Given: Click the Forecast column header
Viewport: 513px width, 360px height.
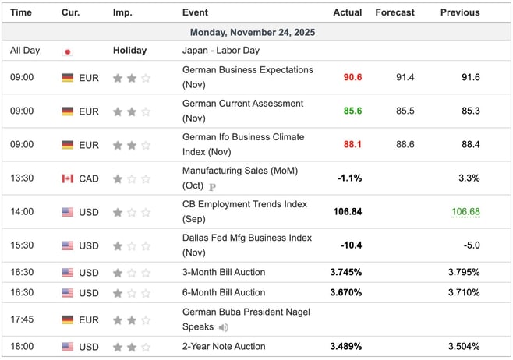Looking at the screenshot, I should pos(394,12).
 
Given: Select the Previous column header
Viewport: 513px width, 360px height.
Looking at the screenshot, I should pos(460,12).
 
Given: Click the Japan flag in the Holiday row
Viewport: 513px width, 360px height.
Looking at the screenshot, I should pos(68,51).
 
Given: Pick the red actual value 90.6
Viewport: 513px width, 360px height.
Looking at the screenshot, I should pos(352,78).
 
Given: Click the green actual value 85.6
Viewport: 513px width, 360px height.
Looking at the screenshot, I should pos(352,111).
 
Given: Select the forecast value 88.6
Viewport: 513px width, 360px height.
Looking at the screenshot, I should pos(405,145).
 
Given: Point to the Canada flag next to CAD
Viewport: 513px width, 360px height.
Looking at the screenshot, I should pos(68,178).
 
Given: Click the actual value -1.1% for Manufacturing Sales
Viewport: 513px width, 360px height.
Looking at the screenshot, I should pos(349,178).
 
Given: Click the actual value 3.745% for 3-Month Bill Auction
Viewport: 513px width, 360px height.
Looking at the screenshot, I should pos(345,273).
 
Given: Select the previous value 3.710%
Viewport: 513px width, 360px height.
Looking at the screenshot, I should pos(464,293).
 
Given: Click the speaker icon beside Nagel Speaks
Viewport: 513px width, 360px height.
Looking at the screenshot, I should pos(225,327).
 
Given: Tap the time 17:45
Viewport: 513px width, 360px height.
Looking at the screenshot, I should pos(22,319).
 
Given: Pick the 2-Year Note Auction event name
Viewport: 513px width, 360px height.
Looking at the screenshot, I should pos(224,347).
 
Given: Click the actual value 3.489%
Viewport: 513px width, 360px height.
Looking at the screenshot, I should pos(345,347).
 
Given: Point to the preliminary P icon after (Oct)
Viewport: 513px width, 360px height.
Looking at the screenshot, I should pos(212,187).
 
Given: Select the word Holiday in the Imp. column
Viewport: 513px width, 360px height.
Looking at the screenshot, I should pos(129,51).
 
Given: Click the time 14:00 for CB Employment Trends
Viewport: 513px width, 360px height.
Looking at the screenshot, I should pos(22,212).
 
